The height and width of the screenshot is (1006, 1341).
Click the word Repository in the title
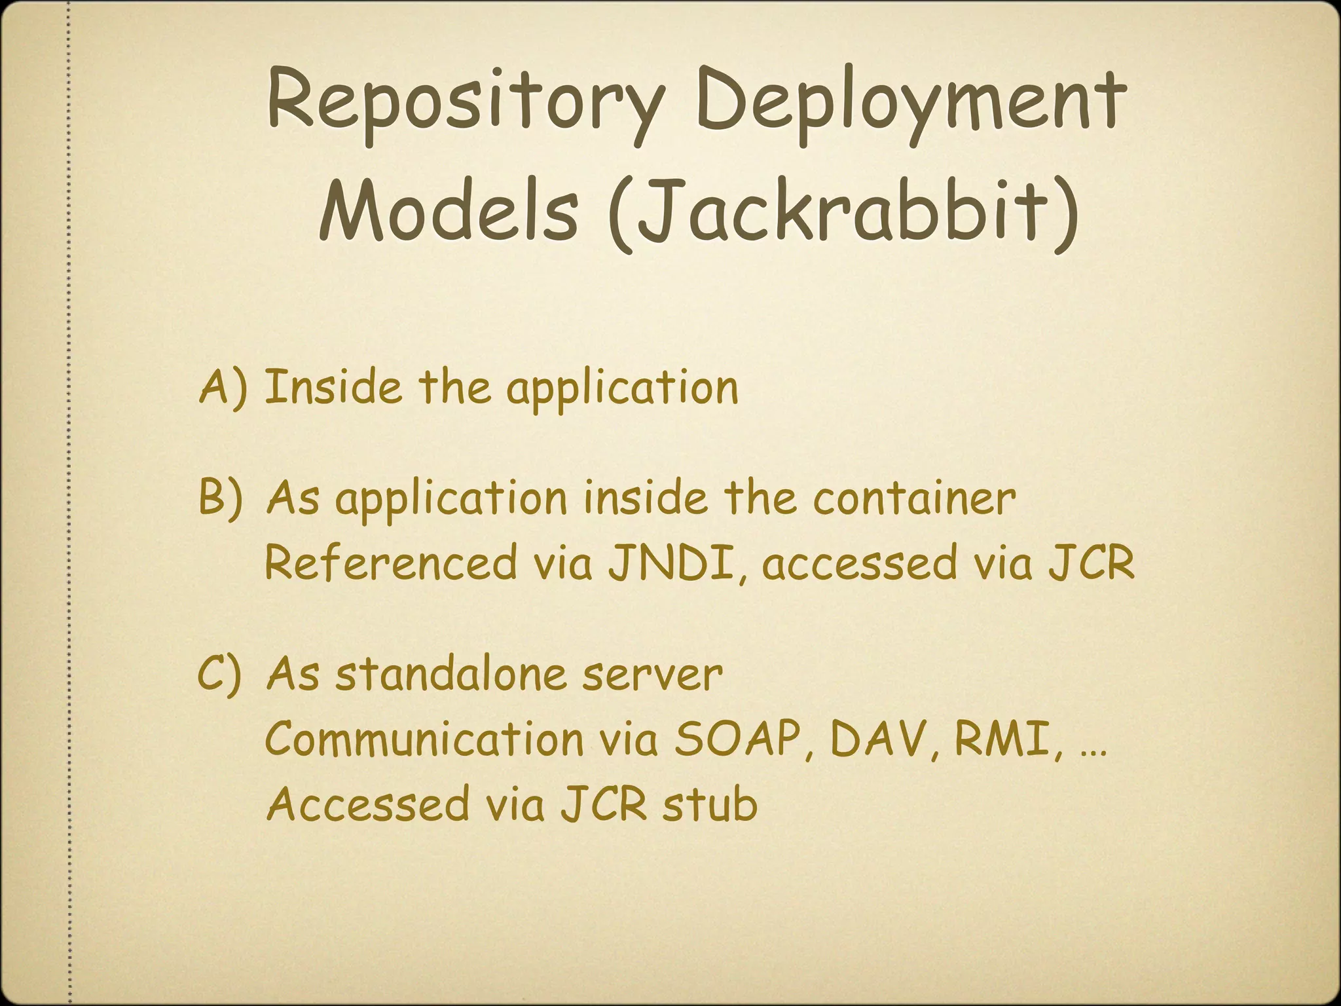click(x=464, y=105)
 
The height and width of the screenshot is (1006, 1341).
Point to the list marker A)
click(x=223, y=387)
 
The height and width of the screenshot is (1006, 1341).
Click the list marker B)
click(x=221, y=498)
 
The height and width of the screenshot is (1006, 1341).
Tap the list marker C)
click(x=220, y=675)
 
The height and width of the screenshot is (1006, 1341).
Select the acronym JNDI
click(x=676, y=563)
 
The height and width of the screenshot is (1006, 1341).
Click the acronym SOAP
click(x=737, y=739)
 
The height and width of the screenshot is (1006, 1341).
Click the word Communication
click(x=424, y=739)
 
